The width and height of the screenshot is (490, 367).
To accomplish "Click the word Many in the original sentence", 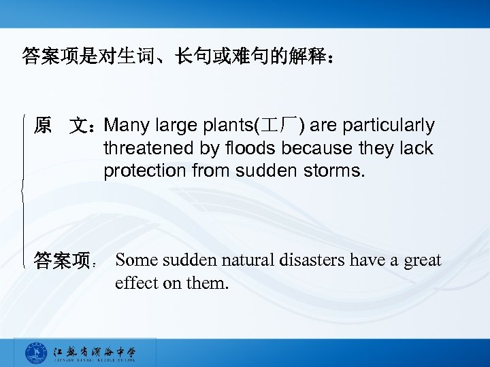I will pos(127,126).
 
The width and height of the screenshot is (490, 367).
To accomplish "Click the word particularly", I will pos(389,126).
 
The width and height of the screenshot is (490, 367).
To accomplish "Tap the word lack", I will pos(415,148).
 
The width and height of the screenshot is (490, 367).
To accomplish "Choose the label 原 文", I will pos(64,126).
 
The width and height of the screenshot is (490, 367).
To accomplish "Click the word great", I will pos(422,260).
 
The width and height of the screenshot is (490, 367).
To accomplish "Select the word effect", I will pos(136,283).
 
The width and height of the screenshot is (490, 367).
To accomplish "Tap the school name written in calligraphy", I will pos(95,351).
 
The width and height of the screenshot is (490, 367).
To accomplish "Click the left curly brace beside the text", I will pos(25,190).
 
